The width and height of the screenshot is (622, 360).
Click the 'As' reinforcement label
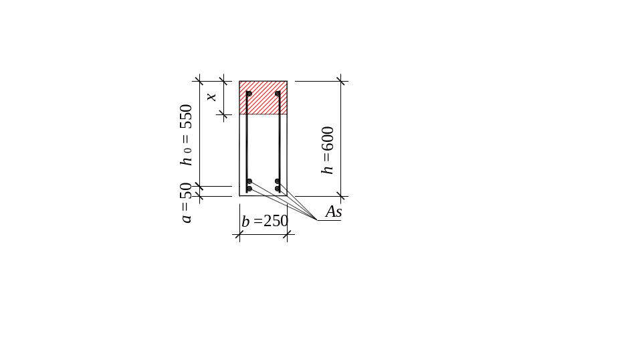tap(334, 212)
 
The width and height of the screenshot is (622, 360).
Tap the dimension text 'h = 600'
tap(328, 151)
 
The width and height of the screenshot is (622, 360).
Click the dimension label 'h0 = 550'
tap(187, 134)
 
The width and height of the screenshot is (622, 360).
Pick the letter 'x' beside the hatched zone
tap(212, 97)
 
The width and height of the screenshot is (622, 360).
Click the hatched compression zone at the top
tap(264, 98)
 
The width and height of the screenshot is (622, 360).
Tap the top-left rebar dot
tap(249, 94)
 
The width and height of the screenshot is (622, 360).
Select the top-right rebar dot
tap(278, 94)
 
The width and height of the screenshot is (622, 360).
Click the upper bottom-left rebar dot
tap(249, 181)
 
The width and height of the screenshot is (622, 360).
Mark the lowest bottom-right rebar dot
tap(278, 189)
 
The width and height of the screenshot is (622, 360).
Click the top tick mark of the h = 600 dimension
tap(341, 82)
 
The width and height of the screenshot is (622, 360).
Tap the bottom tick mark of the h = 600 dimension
tap(341, 196)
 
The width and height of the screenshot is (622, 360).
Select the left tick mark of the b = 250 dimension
tap(240, 234)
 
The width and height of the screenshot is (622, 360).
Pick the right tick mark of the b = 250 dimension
tap(288, 234)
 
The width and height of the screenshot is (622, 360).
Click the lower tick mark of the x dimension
tap(223, 116)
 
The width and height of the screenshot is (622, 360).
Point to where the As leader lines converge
tap(317, 221)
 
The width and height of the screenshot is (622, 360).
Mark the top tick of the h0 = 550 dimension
tap(199, 80)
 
